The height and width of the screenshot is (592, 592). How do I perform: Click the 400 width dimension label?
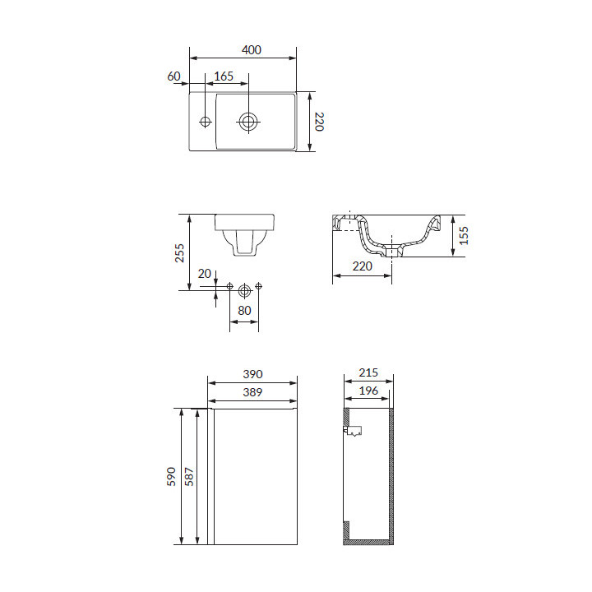[252, 50]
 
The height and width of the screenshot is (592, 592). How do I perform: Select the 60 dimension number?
[173, 76]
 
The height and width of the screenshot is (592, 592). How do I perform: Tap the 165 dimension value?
[224, 76]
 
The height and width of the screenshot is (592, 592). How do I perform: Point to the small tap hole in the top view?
[205, 122]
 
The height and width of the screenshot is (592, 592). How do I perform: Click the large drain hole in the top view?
[248, 122]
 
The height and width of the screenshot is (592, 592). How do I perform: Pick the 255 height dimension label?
[180, 253]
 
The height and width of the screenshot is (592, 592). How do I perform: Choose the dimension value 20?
[204, 273]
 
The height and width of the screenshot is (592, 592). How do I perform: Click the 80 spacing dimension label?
[244, 310]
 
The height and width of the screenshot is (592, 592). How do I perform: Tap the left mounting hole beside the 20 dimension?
[229, 287]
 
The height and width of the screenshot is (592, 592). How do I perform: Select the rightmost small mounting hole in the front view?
[259, 286]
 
